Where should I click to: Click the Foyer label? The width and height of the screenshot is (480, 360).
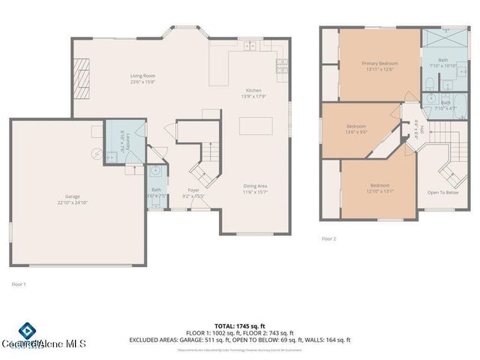click(x=193, y=190)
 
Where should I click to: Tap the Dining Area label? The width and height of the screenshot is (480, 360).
click(x=256, y=185)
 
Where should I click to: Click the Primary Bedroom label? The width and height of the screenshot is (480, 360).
click(x=379, y=64)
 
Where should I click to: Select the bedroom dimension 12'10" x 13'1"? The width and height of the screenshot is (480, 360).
click(x=379, y=190)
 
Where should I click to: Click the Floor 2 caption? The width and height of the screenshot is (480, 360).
click(x=328, y=238)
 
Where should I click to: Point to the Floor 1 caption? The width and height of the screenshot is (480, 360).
click(x=19, y=284)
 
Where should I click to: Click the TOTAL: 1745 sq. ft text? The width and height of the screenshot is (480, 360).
click(x=241, y=325)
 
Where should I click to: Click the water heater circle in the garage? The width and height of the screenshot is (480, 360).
click(x=96, y=153)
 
